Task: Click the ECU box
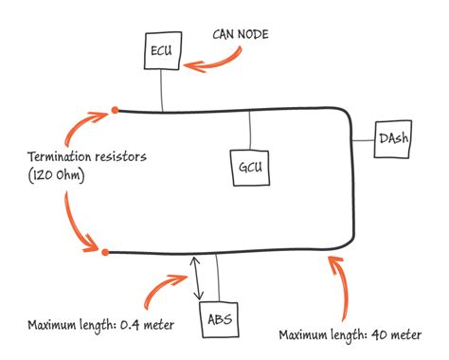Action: pyautogui.click(x=161, y=52)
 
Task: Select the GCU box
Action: pyautogui.click(x=250, y=167)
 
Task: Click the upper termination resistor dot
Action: pyautogui.click(x=116, y=110)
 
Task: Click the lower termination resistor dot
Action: pyautogui.click(x=105, y=252)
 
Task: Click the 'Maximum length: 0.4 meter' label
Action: pyautogui.click(x=100, y=326)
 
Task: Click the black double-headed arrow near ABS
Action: pyautogui.click(x=196, y=278)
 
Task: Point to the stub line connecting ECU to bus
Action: pyautogui.click(x=161, y=91)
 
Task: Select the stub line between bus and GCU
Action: pyautogui.click(x=249, y=130)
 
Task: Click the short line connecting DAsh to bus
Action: pyautogui.click(x=364, y=138)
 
